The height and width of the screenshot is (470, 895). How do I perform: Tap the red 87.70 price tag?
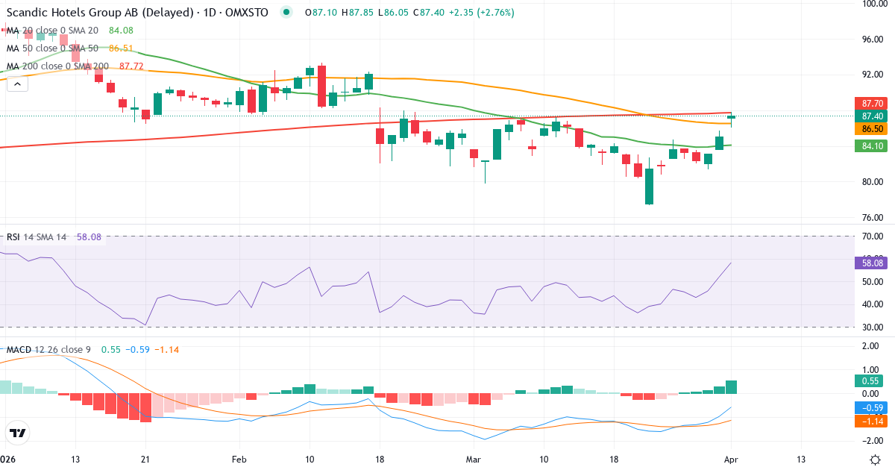click(873, 103)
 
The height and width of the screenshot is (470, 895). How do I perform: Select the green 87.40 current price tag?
click(873, 116)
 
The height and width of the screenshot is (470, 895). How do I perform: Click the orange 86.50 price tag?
click(873, 129)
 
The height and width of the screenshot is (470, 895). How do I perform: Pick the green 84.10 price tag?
click(873, 145)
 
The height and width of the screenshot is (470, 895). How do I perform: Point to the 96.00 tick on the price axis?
click(873, 39)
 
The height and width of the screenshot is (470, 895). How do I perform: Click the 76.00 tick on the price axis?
click(873, 218)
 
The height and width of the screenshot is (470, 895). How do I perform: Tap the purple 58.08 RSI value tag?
click(873, 263)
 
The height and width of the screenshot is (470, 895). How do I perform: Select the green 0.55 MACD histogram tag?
click(873, 380)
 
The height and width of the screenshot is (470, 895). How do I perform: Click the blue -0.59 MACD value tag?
click(873, 408)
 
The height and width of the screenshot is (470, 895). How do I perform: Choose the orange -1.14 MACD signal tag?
click(873, 422)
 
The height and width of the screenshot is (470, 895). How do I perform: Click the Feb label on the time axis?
click(239, 459)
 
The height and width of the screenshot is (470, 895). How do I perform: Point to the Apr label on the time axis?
click(731, 459)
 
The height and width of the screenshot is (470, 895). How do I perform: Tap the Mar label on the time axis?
click(474, 459)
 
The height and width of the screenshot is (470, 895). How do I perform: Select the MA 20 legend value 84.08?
click(121, 31)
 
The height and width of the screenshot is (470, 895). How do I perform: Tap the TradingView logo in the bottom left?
click(18, 433)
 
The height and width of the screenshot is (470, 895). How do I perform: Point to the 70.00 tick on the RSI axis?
click(873, 236)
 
